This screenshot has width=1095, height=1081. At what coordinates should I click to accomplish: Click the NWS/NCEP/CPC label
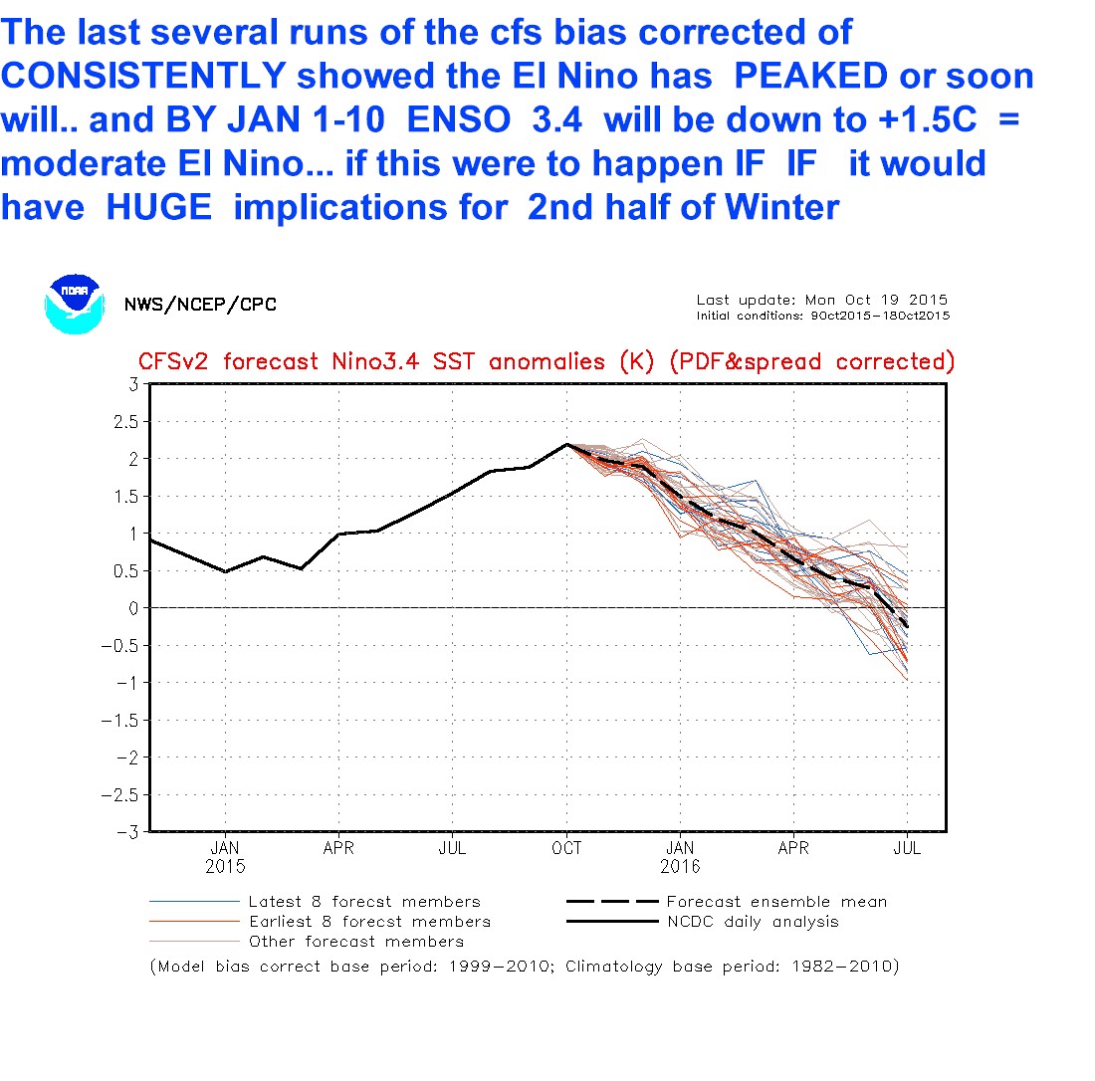[200, 305]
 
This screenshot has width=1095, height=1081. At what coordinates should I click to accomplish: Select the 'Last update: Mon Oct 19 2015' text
[821, 300]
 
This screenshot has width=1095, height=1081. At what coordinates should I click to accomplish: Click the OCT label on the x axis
[566, 849]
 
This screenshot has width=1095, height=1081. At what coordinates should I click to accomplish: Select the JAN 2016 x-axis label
[681, 857]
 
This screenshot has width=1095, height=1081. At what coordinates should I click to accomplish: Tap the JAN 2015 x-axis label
[225, 857]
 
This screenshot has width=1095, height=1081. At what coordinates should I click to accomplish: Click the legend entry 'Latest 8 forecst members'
[364, 902]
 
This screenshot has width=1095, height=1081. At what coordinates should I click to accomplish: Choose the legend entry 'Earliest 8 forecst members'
[369, 922]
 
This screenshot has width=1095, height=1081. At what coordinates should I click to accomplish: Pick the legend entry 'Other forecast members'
[356, 942]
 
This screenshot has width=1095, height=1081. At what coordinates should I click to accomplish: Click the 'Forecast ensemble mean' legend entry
[776, 902]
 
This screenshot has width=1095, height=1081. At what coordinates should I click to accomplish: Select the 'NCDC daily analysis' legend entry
[753, 922]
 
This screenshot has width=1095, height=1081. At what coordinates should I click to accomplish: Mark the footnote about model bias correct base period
[524, 967]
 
